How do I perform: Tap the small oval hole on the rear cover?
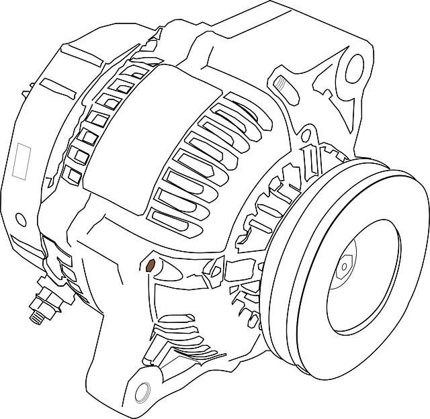tap(21, 220)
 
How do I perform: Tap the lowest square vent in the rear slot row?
tap(74, 176)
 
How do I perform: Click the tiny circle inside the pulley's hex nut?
tap(344, 267)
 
